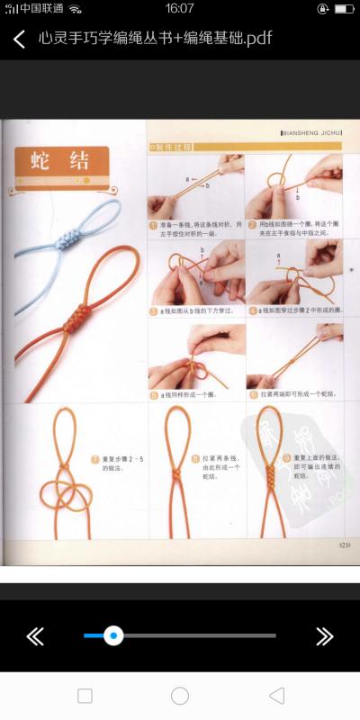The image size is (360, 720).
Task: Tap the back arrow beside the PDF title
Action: (x=19, y=39)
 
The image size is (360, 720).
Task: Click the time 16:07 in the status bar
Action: (x=180, y=8)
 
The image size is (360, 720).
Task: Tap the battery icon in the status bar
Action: (x=343, y=8)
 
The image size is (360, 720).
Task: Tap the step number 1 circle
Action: (x=154, y=225)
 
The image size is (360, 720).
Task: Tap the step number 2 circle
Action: (x=252, y=225)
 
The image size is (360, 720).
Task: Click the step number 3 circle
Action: (x=154, y=311)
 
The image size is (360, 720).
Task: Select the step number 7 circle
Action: (x=95, y=460)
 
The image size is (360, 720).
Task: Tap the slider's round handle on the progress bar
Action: (x=113, y=635)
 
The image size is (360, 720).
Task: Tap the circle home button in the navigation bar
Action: (x=180, y=696)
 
